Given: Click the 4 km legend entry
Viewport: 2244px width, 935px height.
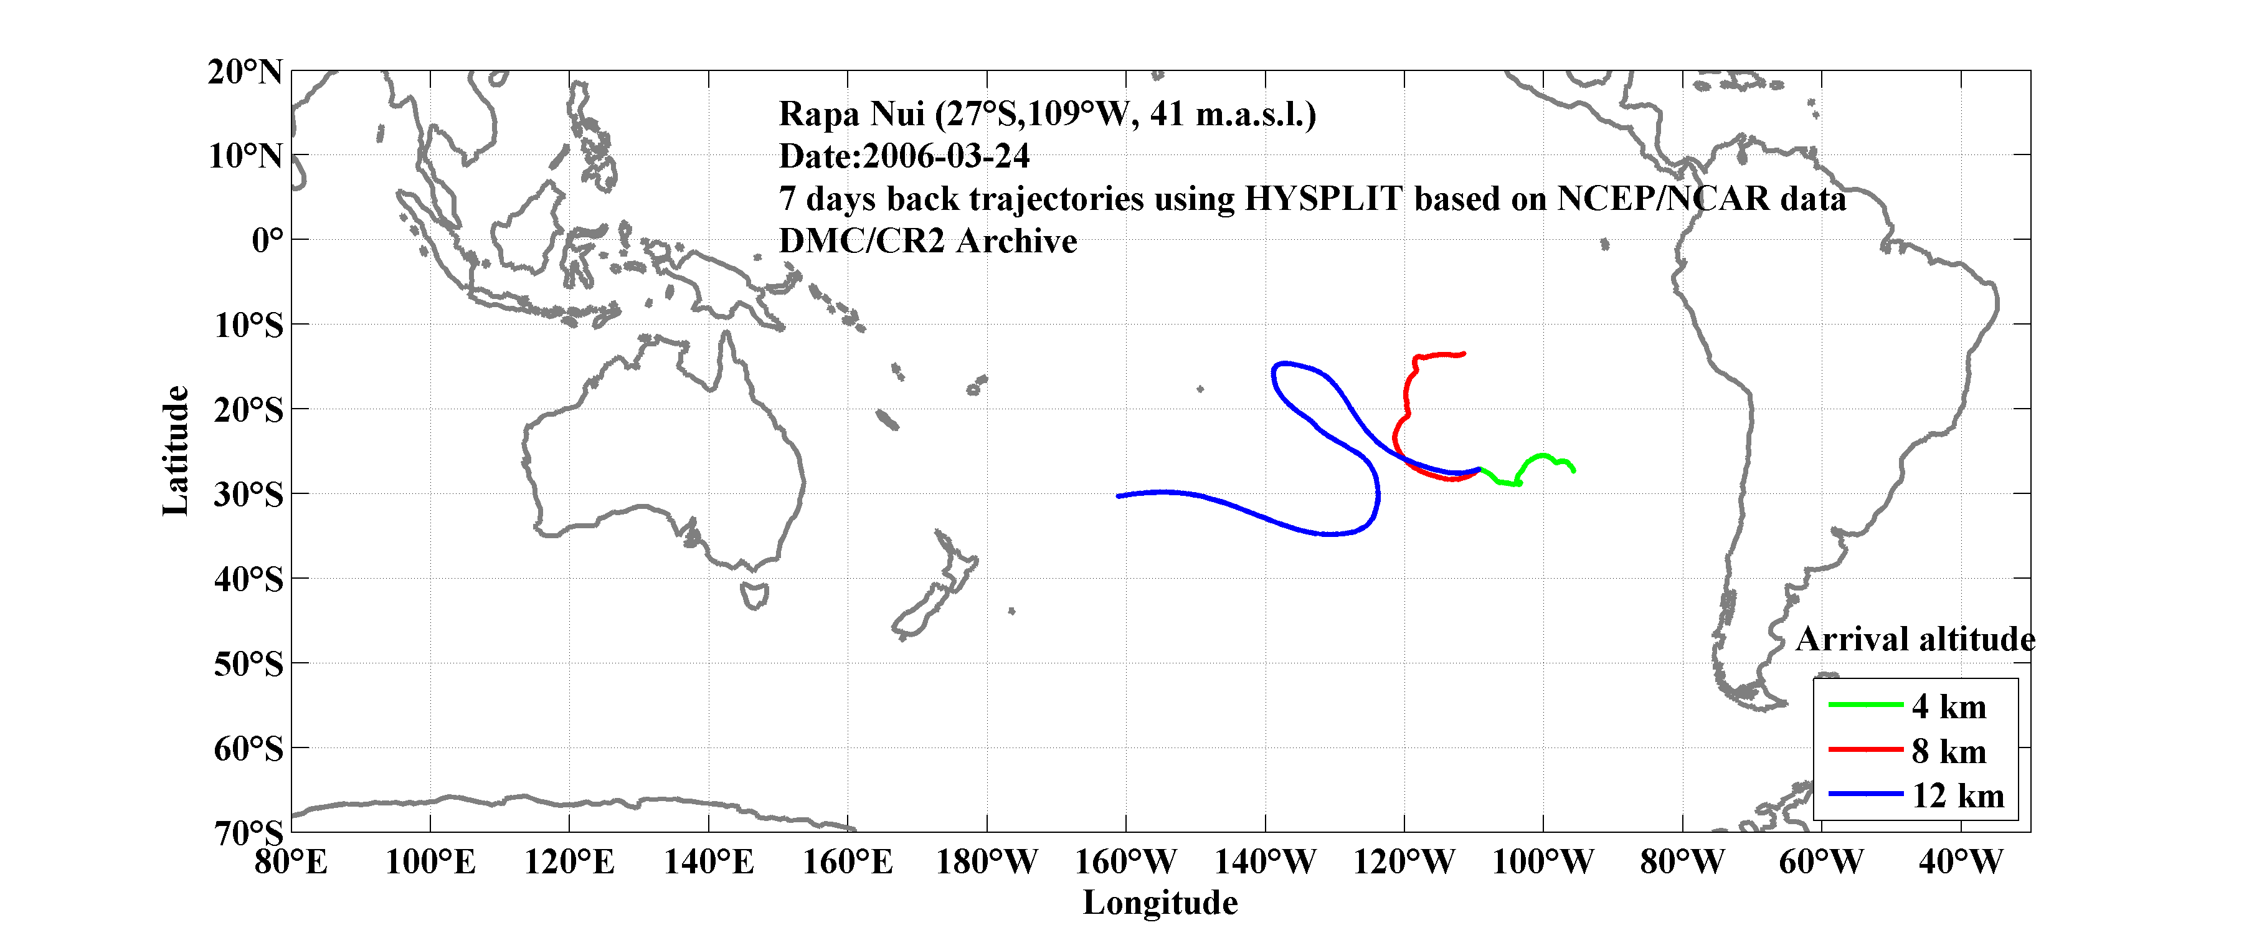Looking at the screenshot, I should coord(1949,706).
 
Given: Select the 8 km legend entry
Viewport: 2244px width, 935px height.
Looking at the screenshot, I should coord(1949,751).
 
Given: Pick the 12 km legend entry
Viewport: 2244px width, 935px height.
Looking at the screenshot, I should coord(1958,795).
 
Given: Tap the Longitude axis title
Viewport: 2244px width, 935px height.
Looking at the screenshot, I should coord(1160,903).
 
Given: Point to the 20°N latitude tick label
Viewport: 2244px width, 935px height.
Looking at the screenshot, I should coord(245,72).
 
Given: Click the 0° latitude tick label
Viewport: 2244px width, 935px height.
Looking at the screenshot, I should coord(267,240).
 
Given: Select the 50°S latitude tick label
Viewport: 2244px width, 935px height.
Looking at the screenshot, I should coord(249,664).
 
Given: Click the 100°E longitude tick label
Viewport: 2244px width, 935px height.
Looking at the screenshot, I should coord(430,861).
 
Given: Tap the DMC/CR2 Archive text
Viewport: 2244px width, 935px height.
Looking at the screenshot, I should coord(928,241).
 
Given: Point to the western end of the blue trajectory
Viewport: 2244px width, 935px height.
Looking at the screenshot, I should coord(1119,496).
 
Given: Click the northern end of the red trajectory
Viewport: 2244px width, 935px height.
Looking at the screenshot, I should coord(1464,354).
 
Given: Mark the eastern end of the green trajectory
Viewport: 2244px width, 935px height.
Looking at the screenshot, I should coord(1573,470).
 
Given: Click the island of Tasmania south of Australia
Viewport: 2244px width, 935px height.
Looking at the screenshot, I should coord(754,596).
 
